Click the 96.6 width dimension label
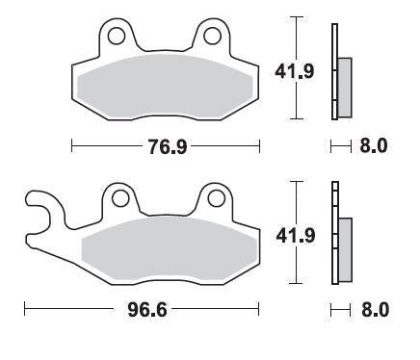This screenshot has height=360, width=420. click(x=142, y=311)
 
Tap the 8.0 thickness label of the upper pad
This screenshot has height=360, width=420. click(x=373, y=146)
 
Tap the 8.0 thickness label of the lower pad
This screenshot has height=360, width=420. click(x=373, y=311)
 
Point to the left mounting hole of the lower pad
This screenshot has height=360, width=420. click(x=119, y=199)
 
